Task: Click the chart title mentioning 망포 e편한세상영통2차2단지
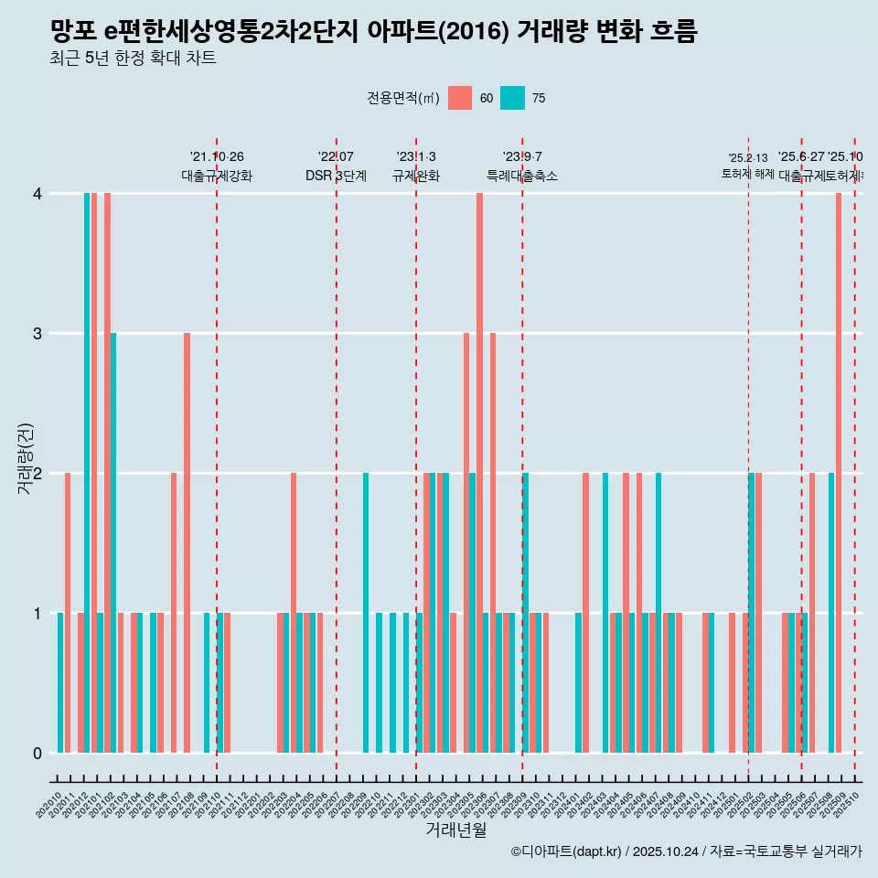point(373,32)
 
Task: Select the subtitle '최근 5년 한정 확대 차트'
point(133,59)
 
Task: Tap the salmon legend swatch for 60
point(460,98)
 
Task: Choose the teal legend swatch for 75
point(513,98)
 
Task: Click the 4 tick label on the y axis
point(37,194)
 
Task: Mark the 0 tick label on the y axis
point(37,754)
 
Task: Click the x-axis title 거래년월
point(455,830)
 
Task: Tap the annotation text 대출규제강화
point(217,176)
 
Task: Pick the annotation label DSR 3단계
point(336,176)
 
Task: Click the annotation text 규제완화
point(416,176)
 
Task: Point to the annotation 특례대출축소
point(521,176)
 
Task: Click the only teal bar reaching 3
point(113,543)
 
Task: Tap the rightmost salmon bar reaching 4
point(839,473)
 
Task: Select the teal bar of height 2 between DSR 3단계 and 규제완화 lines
point(366,613)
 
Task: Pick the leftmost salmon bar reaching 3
point(187,543)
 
